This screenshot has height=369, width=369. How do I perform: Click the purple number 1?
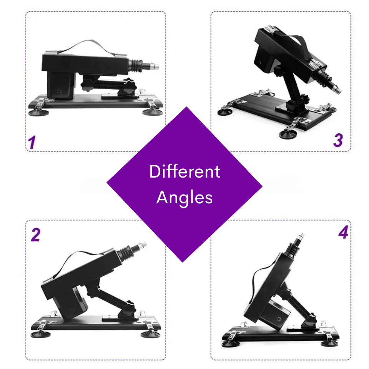tap(32, 142)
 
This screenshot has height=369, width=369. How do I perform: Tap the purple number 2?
tap(35, 234)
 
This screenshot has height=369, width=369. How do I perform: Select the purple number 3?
tap(337, 140)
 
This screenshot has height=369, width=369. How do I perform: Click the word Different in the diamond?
tap(184, 171)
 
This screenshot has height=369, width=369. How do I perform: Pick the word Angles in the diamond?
tap(184, 198)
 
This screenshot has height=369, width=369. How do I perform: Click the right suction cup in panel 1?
tap(151, 112)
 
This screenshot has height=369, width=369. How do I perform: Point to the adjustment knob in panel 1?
tap(126, 87)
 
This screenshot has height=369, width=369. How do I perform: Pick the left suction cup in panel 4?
tap(230, 343)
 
